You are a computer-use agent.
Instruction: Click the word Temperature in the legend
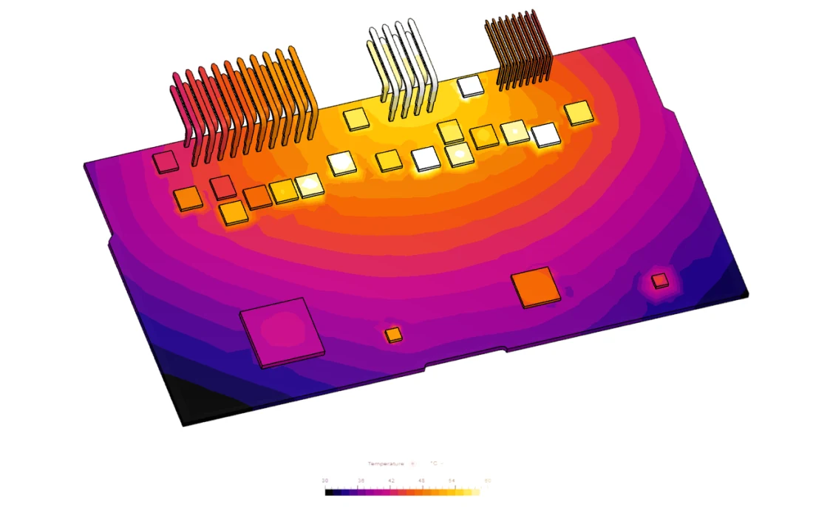[386, 463]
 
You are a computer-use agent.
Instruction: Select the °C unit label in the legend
[435, 463]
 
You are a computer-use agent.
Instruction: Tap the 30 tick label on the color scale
[325, 480]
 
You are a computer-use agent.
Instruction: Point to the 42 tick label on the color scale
[391, 480]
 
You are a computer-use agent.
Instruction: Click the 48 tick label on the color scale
[422, 480]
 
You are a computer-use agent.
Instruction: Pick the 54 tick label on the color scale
[452, 480]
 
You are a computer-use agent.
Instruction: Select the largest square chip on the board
[282, 333]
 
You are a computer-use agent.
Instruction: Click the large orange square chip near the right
[536, 287]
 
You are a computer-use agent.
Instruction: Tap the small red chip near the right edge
[660, 279]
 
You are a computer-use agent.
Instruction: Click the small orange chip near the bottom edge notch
[393, 335]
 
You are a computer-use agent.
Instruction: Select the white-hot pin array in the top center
[399, 67]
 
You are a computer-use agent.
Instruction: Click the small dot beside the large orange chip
[568, 291]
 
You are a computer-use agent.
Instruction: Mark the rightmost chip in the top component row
[579, 113]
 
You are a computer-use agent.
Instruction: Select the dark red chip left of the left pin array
[164, 161]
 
